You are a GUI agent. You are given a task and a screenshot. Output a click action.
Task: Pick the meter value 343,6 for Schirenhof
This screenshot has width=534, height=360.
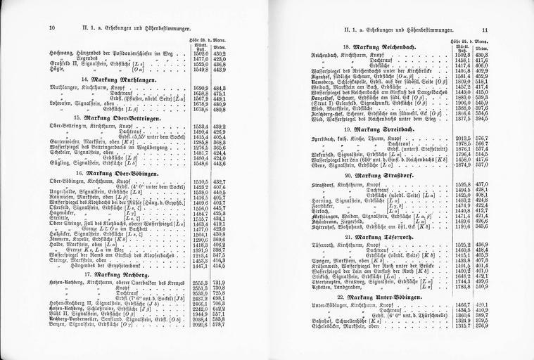(x=482, y=227)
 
